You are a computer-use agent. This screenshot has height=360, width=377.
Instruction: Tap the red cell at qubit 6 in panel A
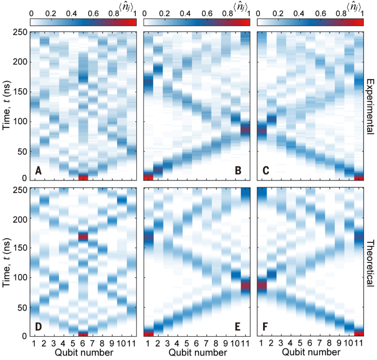point(83,177)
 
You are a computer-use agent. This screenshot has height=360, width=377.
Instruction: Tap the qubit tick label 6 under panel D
point(83,343)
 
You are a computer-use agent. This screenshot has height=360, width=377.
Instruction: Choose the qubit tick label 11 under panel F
point(359,343)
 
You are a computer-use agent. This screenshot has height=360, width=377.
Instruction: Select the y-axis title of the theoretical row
point(7,262)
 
